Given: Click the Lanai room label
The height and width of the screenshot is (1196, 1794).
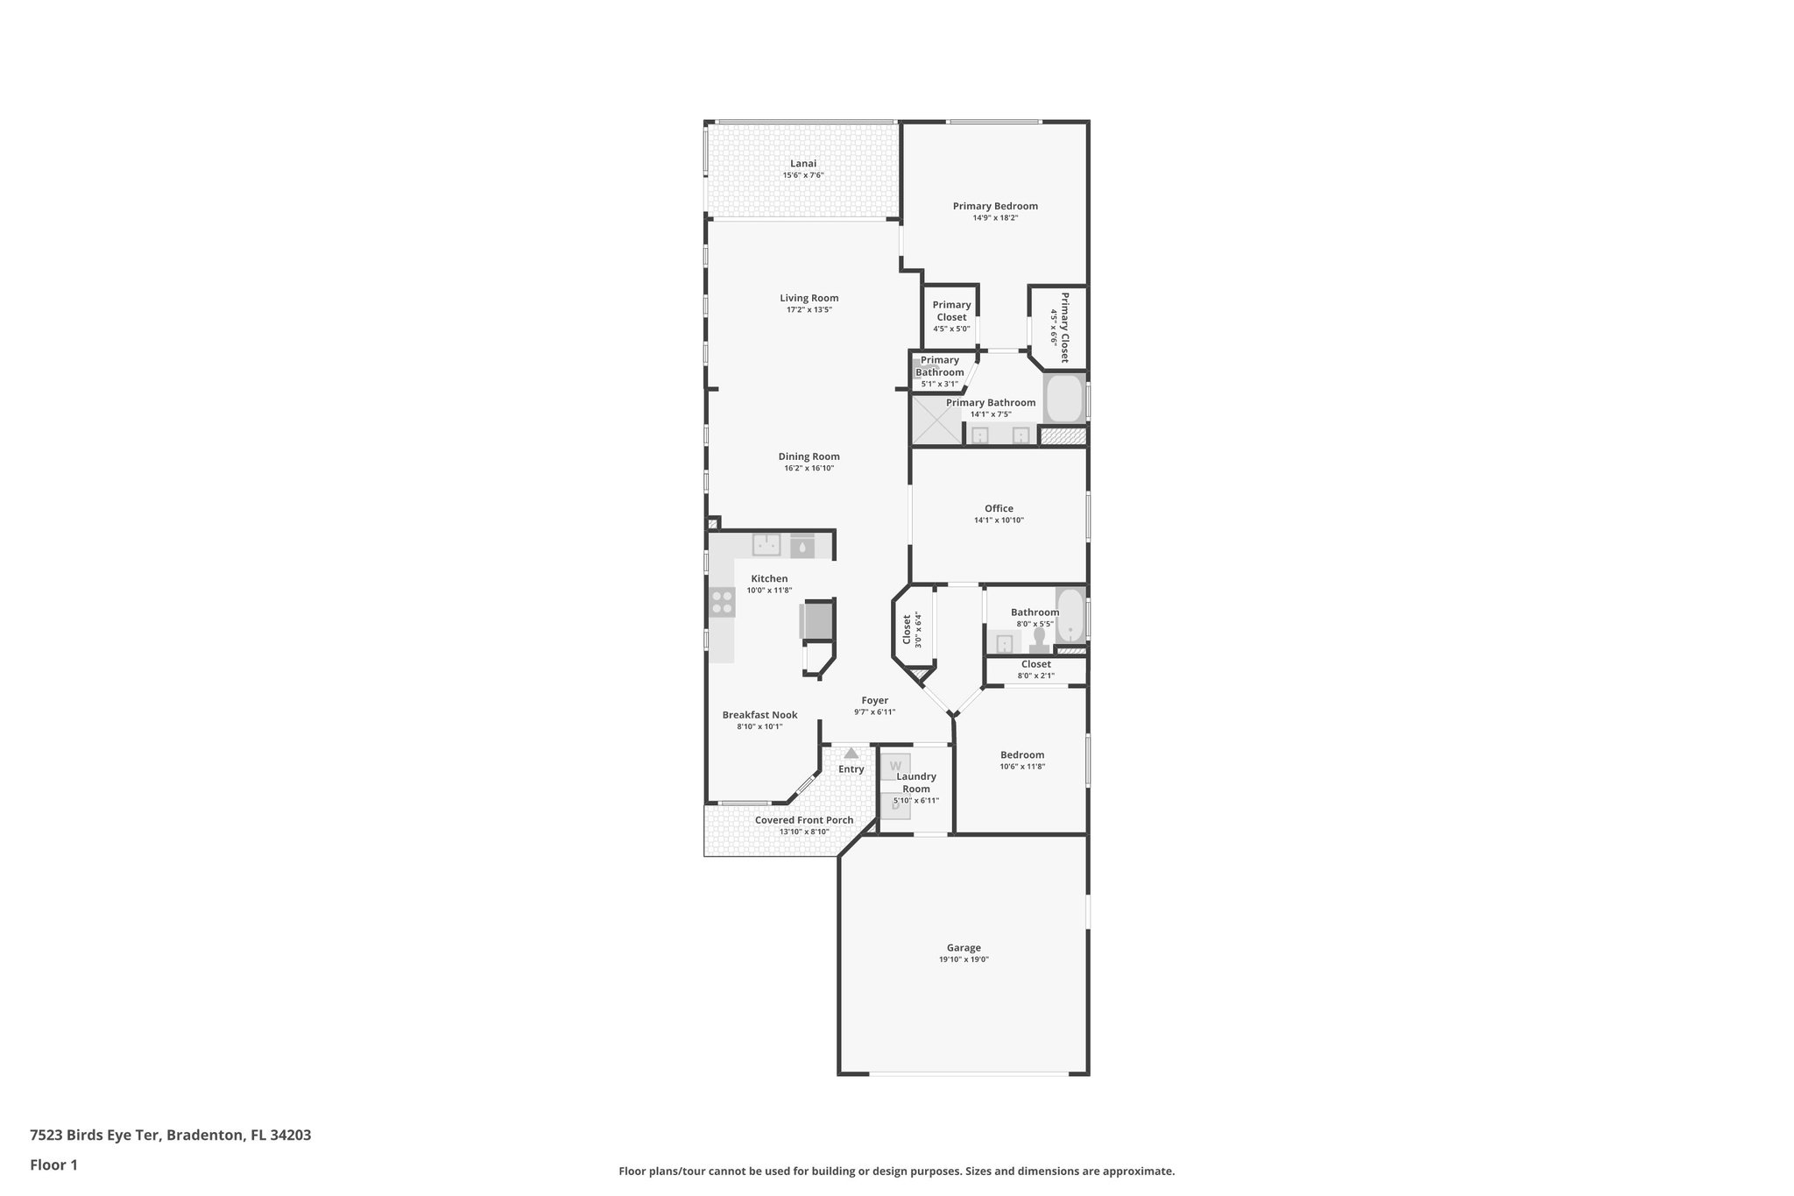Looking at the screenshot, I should point(802,164).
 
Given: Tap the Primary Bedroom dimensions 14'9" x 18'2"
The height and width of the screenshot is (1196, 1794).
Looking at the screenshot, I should point(995,218).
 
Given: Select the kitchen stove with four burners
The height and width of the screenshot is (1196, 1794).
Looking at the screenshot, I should point(723,602).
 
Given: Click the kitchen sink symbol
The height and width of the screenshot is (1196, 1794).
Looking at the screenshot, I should point(766,545).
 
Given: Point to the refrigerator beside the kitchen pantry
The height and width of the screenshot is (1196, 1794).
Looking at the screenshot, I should point(816,621).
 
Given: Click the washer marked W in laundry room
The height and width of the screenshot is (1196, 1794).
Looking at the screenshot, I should point(895,766).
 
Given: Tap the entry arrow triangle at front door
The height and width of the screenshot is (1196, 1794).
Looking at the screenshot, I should point(851,753).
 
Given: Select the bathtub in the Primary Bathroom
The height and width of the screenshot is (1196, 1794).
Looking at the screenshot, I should point(1063,399).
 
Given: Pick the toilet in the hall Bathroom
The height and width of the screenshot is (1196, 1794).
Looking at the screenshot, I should point(1040,640).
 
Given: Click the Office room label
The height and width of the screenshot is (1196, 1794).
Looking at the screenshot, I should point(999,508).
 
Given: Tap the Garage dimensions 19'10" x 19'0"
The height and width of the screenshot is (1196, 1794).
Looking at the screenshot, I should point(964,959).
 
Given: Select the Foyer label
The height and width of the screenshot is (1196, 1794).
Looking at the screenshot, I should point(874,700).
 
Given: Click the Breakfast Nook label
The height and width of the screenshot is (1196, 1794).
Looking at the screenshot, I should point(759,715).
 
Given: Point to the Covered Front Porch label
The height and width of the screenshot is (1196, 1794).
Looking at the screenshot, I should point(803,820).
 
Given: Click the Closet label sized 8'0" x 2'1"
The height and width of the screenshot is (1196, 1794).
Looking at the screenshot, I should point(1035,664).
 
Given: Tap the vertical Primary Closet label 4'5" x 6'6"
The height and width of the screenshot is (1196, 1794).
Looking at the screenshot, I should point(1064,327).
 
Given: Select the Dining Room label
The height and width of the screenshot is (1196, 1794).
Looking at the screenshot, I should point(809,456).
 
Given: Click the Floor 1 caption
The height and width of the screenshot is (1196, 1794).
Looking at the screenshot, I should point(53,1164).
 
